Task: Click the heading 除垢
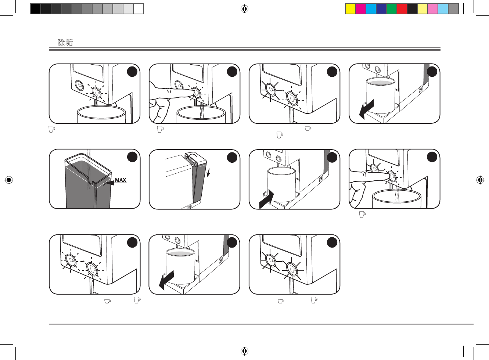tap(65, 43)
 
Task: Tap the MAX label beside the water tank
tap(121, 180)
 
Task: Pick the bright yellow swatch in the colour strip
tap(350, 9)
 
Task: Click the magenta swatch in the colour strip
tap(361, 9)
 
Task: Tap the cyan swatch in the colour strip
tap(371, 9)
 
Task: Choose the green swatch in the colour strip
tap(392, 9)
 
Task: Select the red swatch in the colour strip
tap(402, 9)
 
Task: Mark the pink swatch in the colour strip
tap(433, 9)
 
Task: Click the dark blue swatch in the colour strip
tap(381, 9)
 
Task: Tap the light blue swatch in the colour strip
tap(443, 9)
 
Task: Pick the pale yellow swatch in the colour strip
tap(423, 9)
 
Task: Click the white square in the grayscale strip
tap(139, 9)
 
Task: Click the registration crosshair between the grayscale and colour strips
tap(244, 9)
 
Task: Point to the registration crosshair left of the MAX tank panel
tap(9, 180)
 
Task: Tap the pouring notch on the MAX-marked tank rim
tap(91, 180)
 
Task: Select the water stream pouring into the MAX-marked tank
tap(88, 169)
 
